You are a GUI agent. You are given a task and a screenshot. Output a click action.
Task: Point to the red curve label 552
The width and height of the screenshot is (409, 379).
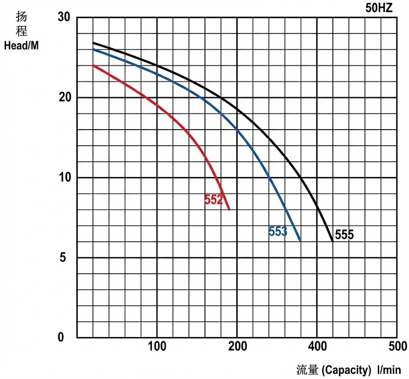[x=213, y=199]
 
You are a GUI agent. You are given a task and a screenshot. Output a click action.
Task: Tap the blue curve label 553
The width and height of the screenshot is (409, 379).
[x=278, y=231]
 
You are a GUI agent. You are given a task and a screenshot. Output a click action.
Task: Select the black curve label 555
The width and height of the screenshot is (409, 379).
[x=344, y=235]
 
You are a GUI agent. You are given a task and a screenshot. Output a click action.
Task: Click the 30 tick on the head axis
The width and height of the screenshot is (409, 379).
[x=64, y=18]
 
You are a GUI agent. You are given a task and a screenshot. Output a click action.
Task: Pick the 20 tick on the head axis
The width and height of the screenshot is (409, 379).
[x=64, y=98]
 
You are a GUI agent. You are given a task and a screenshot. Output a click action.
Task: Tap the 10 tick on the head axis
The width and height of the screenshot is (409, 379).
[x=64, y=178]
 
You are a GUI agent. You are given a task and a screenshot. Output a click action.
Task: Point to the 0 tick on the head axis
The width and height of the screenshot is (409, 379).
[x=61, y=337]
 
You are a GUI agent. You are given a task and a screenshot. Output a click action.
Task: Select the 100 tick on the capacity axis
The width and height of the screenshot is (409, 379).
[x=157, y=347]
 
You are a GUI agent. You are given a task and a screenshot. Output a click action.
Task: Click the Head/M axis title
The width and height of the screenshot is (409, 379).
[x=22, y=46]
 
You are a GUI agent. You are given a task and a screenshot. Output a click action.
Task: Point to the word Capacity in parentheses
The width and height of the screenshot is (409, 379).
[x=346, y=370]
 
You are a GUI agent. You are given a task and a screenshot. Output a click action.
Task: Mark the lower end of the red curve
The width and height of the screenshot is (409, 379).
[x=229, y=209]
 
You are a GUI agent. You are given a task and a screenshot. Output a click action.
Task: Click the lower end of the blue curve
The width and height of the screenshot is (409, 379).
[x=300, y=241]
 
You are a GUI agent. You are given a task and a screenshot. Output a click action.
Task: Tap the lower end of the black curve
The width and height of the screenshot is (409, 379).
[x=332, y=241]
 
